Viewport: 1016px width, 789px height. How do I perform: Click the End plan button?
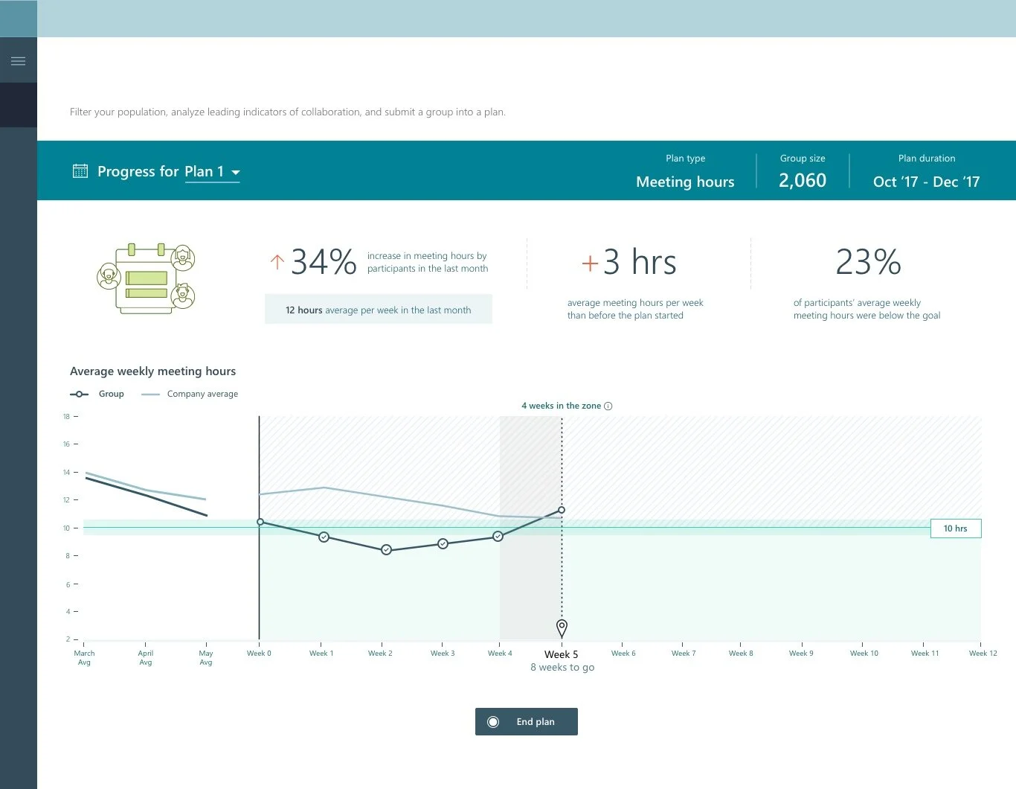(526, 721)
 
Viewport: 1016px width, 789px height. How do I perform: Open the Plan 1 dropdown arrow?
(236, 172)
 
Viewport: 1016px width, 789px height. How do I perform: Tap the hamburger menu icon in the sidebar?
(19, 61)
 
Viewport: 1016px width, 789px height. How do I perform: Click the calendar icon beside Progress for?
(80, 171)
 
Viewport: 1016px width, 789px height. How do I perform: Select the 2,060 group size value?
(802, 181)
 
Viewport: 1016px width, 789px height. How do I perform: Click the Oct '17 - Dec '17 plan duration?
(926, 182)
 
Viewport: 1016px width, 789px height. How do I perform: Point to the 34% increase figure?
(324, 262)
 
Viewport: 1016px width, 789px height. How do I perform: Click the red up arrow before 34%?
(277, 262)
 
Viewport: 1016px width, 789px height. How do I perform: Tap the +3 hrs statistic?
(629, 262)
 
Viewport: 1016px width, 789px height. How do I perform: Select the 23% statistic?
(868, 262)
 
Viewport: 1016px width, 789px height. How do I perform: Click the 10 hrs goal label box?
(955, 528)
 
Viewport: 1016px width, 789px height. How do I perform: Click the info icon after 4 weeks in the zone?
(608, 406)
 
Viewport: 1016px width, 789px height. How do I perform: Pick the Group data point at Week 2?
(386, 550)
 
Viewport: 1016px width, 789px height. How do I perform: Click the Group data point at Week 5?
(562, 510)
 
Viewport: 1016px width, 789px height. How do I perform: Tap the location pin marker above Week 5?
(562, 627)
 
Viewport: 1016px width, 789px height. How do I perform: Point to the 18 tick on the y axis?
(67, 417)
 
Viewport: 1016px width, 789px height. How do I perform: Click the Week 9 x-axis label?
(801, 654)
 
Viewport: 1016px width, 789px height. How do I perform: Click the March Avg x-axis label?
(84, 657)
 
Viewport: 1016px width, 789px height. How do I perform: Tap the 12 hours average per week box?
(378, 310)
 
